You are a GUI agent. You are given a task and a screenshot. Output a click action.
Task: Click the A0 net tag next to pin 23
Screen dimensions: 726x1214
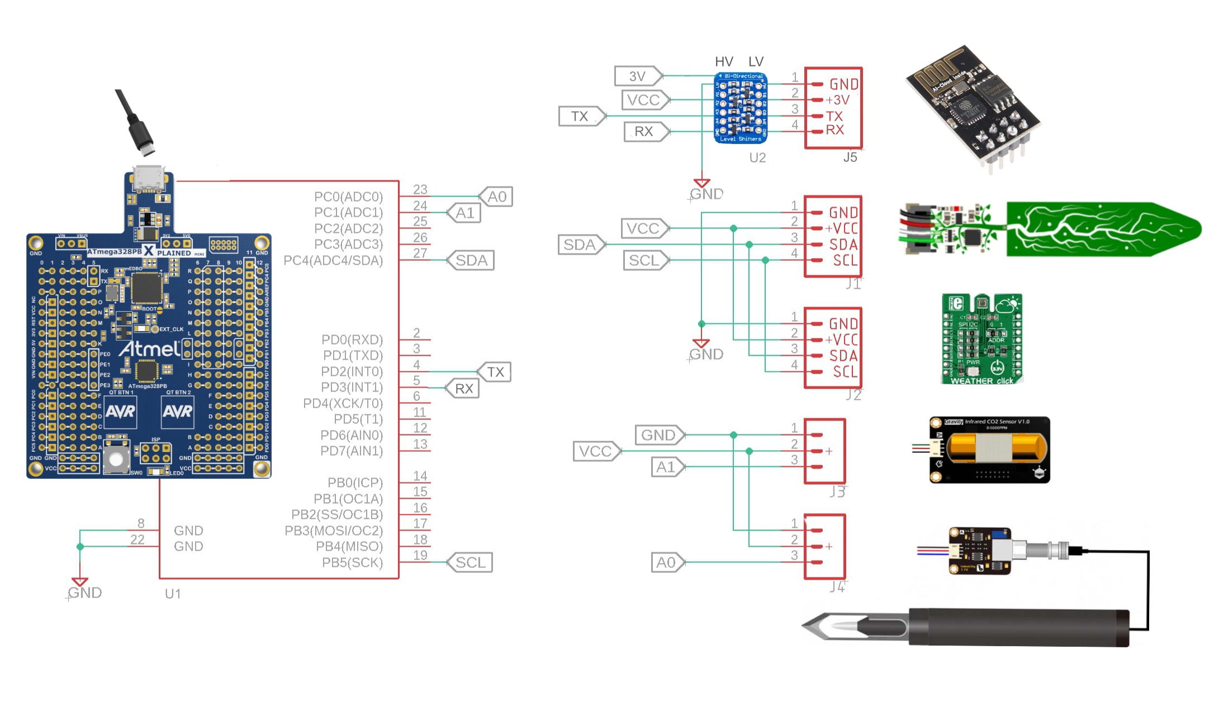[x=496, y=197]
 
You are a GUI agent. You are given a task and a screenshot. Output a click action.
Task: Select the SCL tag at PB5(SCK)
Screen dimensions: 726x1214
[x=470, y=562]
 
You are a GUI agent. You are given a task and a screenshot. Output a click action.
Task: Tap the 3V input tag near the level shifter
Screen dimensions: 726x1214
[x=638, y=76]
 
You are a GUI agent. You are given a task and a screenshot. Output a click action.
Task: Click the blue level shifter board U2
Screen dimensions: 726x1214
[x=741, y=108]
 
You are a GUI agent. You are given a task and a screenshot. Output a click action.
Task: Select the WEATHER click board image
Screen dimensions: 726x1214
[x=982, y=339]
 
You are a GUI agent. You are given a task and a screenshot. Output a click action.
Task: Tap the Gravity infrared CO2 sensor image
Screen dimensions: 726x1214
[x=989, y=449]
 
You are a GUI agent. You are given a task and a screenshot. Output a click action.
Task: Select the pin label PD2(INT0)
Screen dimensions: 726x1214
[x=352, y=371]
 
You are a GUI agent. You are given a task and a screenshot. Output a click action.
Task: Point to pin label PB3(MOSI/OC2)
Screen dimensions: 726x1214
[x=334, y=531]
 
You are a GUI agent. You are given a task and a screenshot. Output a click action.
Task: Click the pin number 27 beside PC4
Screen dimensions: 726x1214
[x=420, y=253]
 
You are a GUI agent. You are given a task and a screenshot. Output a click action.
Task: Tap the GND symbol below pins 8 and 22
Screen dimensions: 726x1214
[x=80, y=582]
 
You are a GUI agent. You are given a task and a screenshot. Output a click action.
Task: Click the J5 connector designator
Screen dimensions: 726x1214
[x=850, y=157]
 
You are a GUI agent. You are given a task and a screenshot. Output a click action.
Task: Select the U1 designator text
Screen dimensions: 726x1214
[x=173, y=594]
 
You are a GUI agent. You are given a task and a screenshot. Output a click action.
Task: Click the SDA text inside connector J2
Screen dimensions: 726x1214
[x=842, y=356]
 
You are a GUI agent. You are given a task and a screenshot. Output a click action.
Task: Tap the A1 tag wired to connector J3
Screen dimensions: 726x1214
[x=666, y=467]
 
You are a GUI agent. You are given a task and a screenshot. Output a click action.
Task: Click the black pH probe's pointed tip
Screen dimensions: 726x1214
[x=808, y=625]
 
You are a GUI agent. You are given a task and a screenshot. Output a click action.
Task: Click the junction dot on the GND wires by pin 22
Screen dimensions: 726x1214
[x=80, y=547]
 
